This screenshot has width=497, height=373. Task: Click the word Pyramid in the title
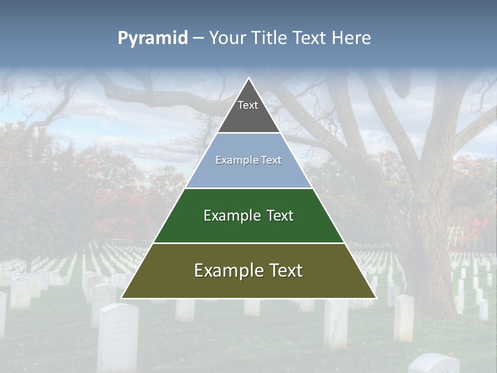click(x=153, y=38)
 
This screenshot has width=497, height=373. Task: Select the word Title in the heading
click(x=271, y=38)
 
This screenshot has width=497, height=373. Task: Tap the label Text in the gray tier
click(x=248, y=105)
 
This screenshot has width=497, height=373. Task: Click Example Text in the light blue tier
click(x=248, y=160)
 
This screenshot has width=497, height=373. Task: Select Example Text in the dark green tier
click(x=248, y=216)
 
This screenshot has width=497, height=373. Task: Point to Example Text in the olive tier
click(x=248, y=270)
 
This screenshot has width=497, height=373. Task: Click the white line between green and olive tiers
click(x=248, y=243)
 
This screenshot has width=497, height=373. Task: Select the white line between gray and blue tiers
click(x=248, y=133)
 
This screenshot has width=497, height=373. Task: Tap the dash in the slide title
click(x=198, y=38)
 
